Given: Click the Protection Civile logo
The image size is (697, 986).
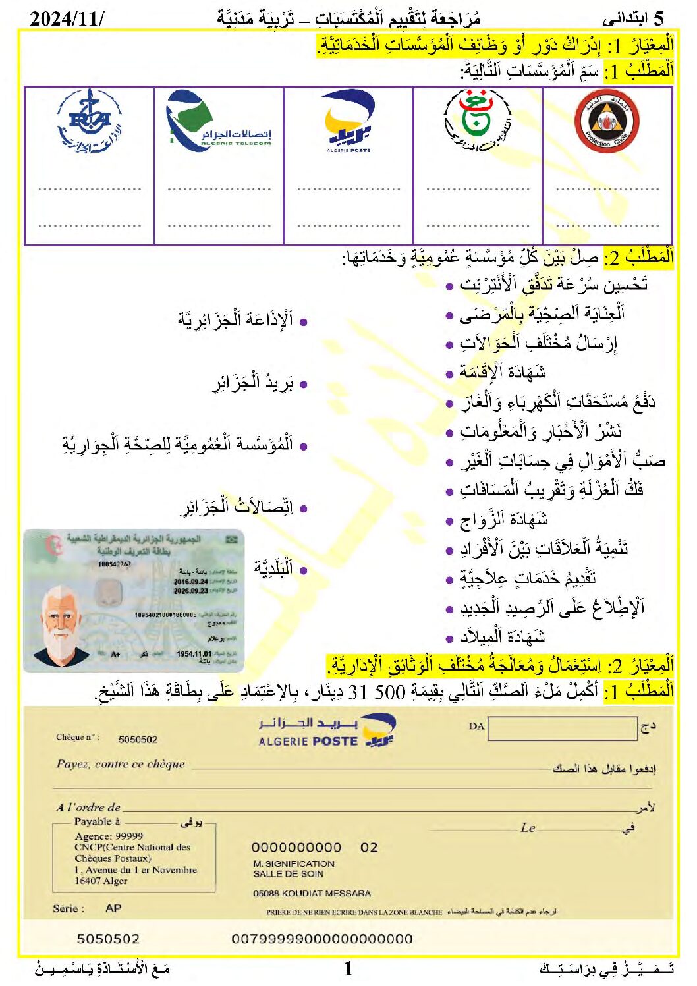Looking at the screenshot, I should click(607, 122).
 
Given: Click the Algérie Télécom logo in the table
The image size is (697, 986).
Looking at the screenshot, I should click(218, 121).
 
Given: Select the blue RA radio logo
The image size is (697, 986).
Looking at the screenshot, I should click(90, 122).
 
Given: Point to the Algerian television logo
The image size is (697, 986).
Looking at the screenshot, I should click(478, 121).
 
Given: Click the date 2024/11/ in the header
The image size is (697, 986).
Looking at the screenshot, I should click(67, 18).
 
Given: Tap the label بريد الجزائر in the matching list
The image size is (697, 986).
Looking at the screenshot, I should click(252, 383).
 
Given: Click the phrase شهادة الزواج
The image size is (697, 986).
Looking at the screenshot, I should click(505, 520).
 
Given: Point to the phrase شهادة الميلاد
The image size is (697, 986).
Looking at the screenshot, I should click(503, 636).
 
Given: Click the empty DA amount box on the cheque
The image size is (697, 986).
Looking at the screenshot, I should click(562, 727).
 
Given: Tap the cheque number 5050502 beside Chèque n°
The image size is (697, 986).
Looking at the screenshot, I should click(138, 740).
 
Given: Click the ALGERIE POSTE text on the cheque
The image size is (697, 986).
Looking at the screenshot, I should click(308, 742).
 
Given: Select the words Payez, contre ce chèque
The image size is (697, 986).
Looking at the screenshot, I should click(121, 764).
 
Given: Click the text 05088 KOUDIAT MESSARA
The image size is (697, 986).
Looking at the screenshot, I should click(312, 894).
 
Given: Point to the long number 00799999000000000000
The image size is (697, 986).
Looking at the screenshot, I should click(322, 939).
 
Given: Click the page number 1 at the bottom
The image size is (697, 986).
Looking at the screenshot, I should click(348, 968).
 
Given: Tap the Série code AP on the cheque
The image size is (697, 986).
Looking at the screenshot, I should click(113, 908).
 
